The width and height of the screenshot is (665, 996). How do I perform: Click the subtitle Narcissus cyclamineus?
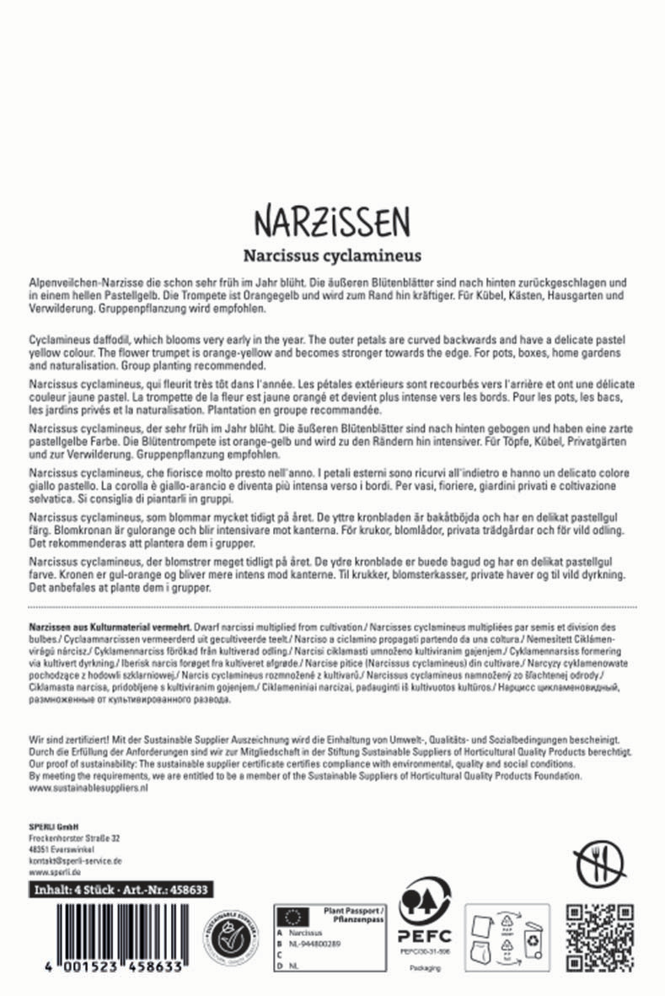coord(332,254)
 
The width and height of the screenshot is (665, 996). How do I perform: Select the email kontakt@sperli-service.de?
coord(76,861)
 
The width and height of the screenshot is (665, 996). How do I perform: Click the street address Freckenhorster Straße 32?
coord(74,838)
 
